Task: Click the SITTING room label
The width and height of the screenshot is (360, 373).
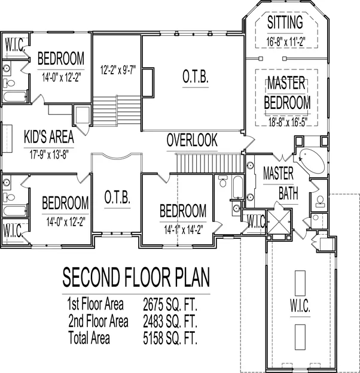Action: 285,22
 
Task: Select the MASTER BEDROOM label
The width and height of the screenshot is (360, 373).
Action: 287,93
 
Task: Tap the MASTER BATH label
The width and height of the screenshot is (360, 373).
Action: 280,183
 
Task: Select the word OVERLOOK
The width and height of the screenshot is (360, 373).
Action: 192,140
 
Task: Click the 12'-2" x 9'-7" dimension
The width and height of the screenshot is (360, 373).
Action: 118,70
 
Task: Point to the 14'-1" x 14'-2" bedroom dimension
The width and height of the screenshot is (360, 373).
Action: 183,230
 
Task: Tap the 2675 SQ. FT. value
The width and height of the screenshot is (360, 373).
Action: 170,304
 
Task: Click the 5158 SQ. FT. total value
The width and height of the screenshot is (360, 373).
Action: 170,338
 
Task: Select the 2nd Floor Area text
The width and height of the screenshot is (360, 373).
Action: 98,321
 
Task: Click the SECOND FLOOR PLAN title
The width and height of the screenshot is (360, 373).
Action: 136,277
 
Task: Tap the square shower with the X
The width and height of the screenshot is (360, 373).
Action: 279,222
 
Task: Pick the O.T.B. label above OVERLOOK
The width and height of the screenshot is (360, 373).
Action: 196,77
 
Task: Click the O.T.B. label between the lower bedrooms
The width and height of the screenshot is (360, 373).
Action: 117,198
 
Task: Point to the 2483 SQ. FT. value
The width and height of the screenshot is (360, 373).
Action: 170,321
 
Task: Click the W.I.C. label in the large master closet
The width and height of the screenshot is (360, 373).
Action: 300,306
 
